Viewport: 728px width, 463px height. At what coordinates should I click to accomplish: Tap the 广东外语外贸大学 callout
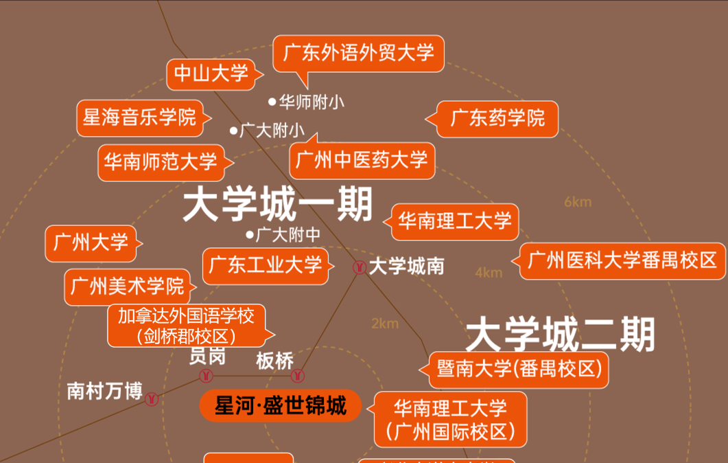[x=358, y=52]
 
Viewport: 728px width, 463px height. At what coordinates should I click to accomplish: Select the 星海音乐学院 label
[x=139, y=117]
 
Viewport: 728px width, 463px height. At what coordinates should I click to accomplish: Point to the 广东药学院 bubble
[x=497, y=118]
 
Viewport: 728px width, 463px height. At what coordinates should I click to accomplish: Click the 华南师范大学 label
[x=161, y=162]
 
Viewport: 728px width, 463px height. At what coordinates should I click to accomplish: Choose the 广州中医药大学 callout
[x=362, y=160]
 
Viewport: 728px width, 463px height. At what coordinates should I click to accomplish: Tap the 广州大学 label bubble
[x=91, y=242]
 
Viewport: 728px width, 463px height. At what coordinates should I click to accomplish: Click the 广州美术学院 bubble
[x=128, y=286]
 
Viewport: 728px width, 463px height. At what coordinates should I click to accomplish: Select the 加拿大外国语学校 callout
[x=186, y=326]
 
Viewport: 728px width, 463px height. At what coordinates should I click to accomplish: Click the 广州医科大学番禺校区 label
[x=622, y=260]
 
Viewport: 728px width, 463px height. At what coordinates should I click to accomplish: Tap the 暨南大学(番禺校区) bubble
[x=519, y=369]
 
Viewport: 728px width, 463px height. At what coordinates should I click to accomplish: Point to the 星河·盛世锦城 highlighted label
[x=279, y=406]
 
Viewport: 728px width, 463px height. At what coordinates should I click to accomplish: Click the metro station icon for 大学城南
[x=358, y=267]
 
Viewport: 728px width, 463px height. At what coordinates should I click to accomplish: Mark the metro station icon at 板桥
[x=298, y=376]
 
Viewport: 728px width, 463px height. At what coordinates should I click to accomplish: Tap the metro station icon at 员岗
[x=206, y=376]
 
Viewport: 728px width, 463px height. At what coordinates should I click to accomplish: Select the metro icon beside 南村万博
[x=152, y=398]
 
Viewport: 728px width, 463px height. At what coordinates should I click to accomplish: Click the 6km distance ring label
[x=577, y=202]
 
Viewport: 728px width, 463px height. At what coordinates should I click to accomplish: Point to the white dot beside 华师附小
[x=272, y=102]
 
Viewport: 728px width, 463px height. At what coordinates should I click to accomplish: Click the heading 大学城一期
[x=277, y=205]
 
